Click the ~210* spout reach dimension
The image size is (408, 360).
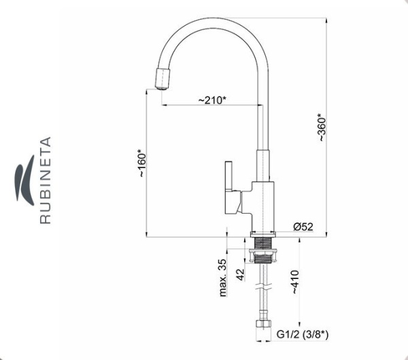[212, 100]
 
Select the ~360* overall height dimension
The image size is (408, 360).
[322, 127]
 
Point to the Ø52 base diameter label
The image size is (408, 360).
[303, 227]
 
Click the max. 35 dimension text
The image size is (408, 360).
[223, 278]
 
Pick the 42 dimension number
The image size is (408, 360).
[241, 275]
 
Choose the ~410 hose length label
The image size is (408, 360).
[295, 282]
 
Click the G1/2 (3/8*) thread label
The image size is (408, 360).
[302, 334]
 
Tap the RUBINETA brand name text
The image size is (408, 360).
[46, 180]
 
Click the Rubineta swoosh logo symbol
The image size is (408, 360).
[24, 180]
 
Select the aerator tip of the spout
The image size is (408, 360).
[163, 78]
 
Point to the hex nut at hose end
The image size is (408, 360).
[263, 324]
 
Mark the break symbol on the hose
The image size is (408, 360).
[263, 286]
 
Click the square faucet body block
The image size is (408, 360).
[262, 206]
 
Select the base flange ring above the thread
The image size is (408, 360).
[262, 234]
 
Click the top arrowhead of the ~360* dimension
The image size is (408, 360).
[326, 20]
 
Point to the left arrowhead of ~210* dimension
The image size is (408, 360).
[165, 105]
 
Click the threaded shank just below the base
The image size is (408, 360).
[262, 243]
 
